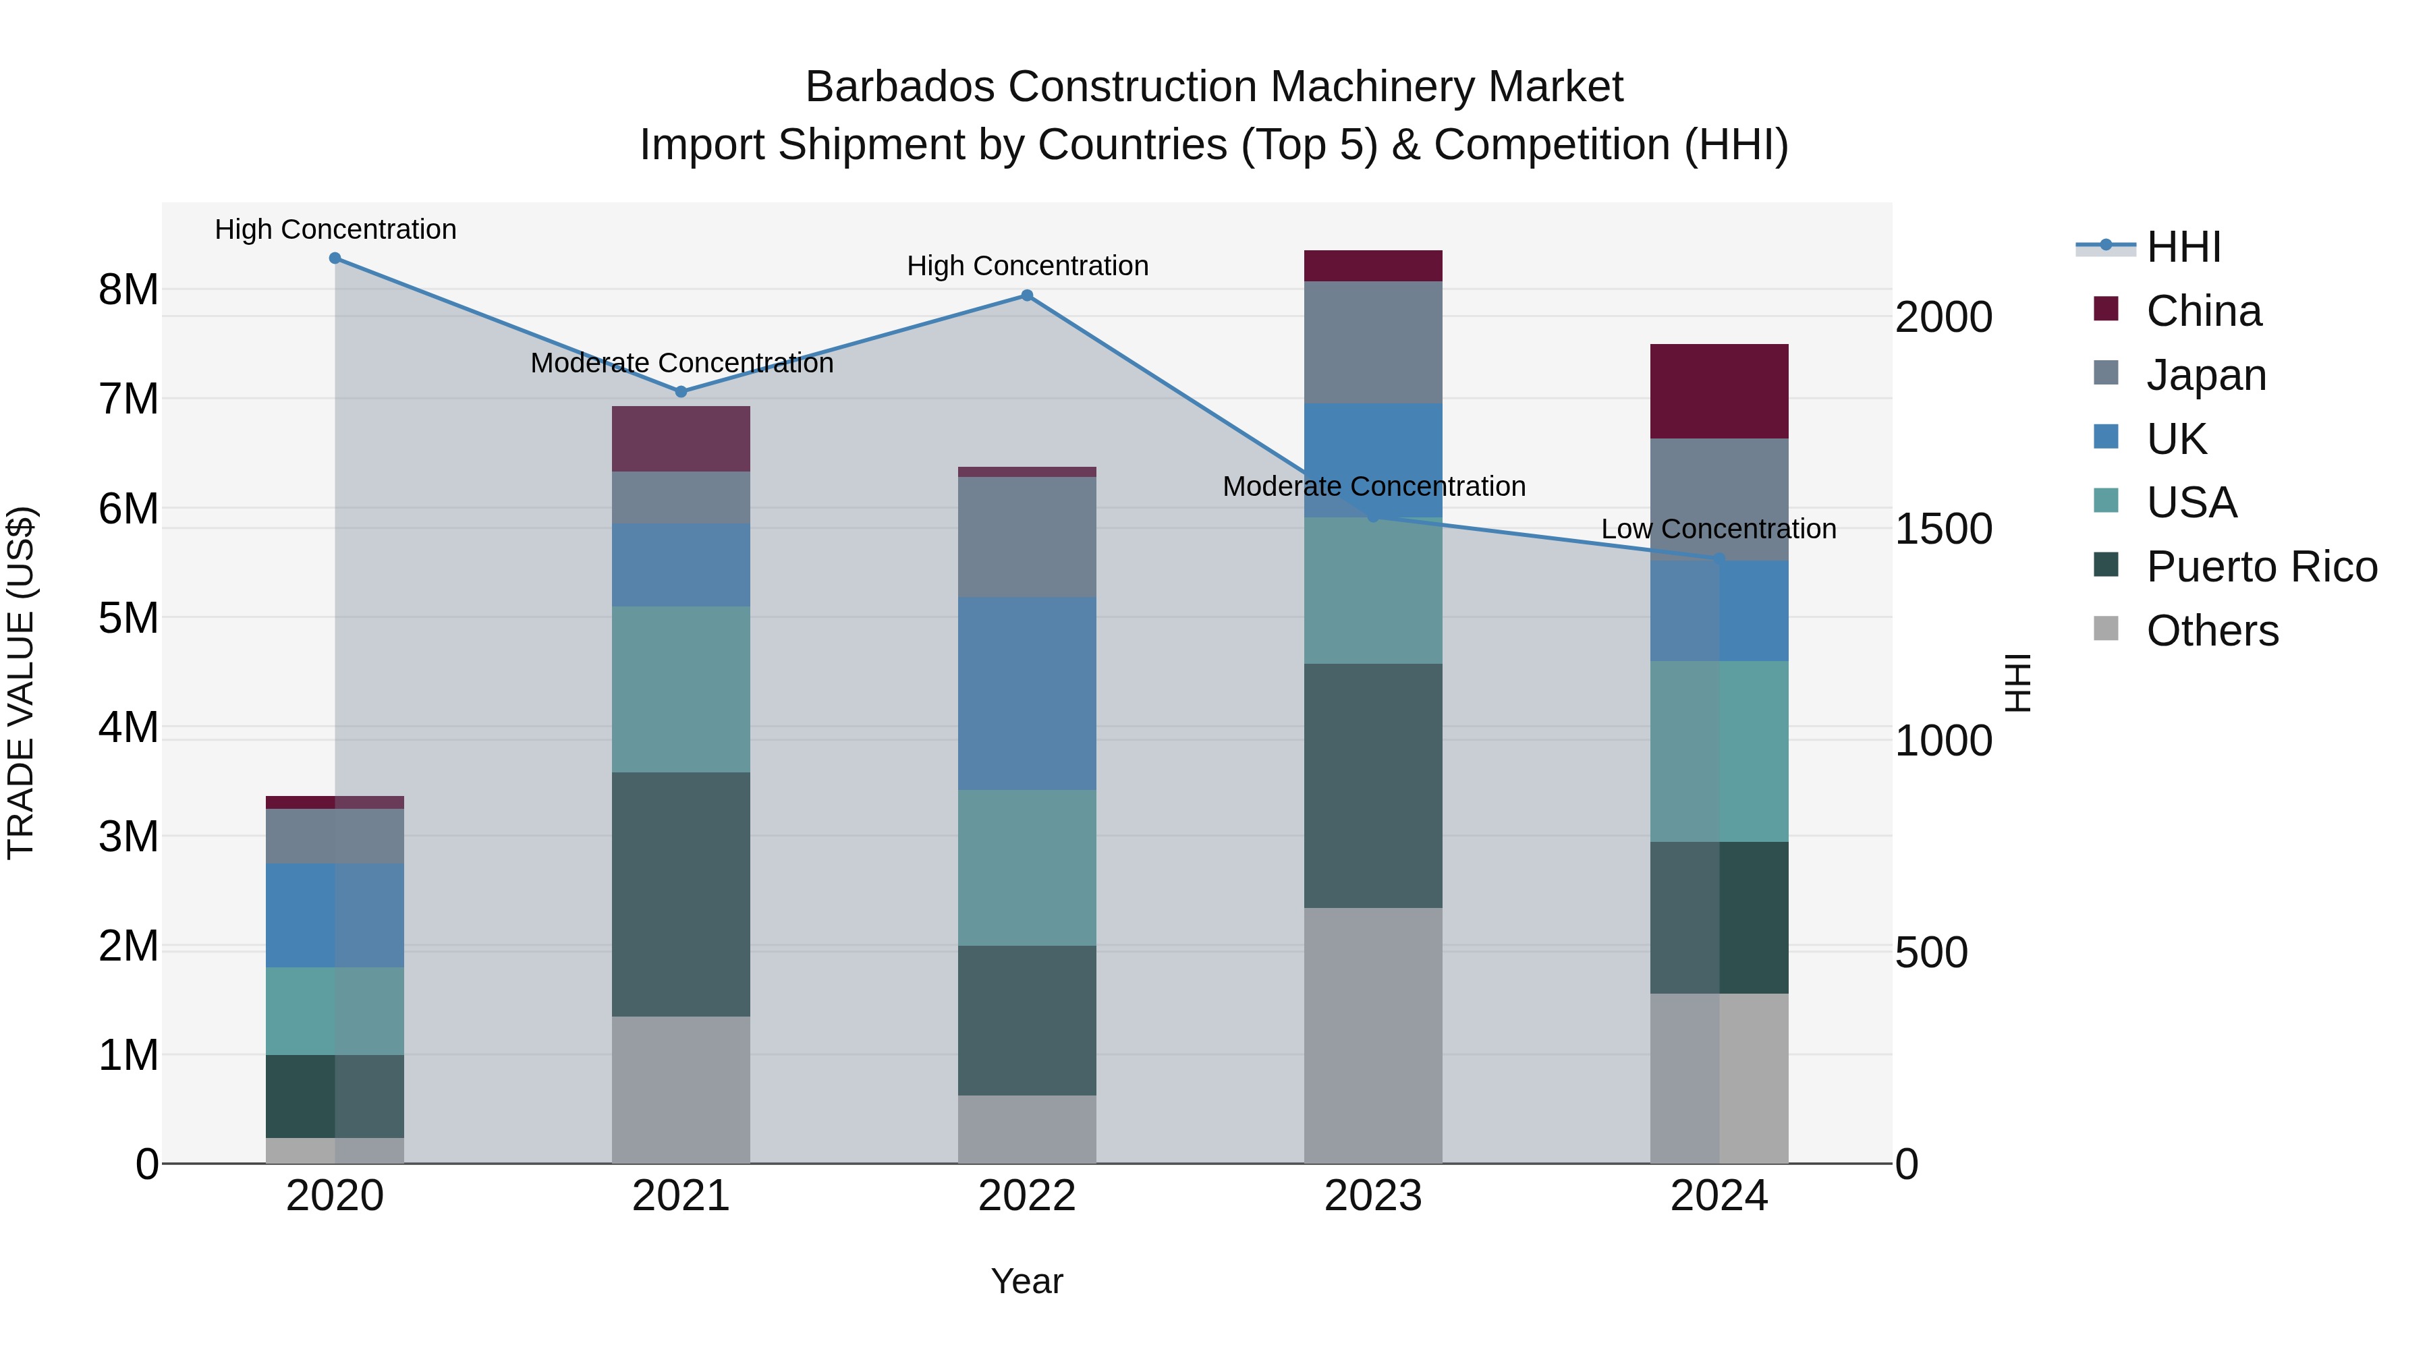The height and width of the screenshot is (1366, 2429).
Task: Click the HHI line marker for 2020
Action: coord(335,258)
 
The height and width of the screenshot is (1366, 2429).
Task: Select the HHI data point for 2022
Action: coord(1027,296)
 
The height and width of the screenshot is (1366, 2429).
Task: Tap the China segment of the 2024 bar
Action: coord(1719,391)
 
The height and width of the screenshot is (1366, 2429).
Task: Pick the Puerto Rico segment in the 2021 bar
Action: coord(681,894)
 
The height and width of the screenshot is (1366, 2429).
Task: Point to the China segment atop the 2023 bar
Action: coord(1373,266)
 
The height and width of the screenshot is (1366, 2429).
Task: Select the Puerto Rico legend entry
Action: coord(2260,567)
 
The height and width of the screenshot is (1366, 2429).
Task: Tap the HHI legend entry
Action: coord(2183,247)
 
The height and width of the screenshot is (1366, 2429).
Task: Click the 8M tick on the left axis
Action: coord(128,289)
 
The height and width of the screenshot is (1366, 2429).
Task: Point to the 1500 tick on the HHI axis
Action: coord(1943,529)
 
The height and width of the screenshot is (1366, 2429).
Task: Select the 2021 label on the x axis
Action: coord(681,1196)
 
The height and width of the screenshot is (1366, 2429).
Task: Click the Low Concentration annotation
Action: coord(1718,529)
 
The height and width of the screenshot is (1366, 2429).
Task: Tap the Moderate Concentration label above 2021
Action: coord(681,363)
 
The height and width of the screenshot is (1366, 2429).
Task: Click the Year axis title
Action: coord(1027,1281)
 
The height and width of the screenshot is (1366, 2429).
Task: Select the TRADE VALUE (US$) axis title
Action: coord(21,683)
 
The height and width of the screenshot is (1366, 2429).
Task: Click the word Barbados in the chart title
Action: coord(901,87)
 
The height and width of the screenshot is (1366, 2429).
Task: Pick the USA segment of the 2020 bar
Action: coord(335,1011)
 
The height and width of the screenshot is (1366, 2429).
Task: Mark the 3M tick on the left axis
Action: coord(128,836)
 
